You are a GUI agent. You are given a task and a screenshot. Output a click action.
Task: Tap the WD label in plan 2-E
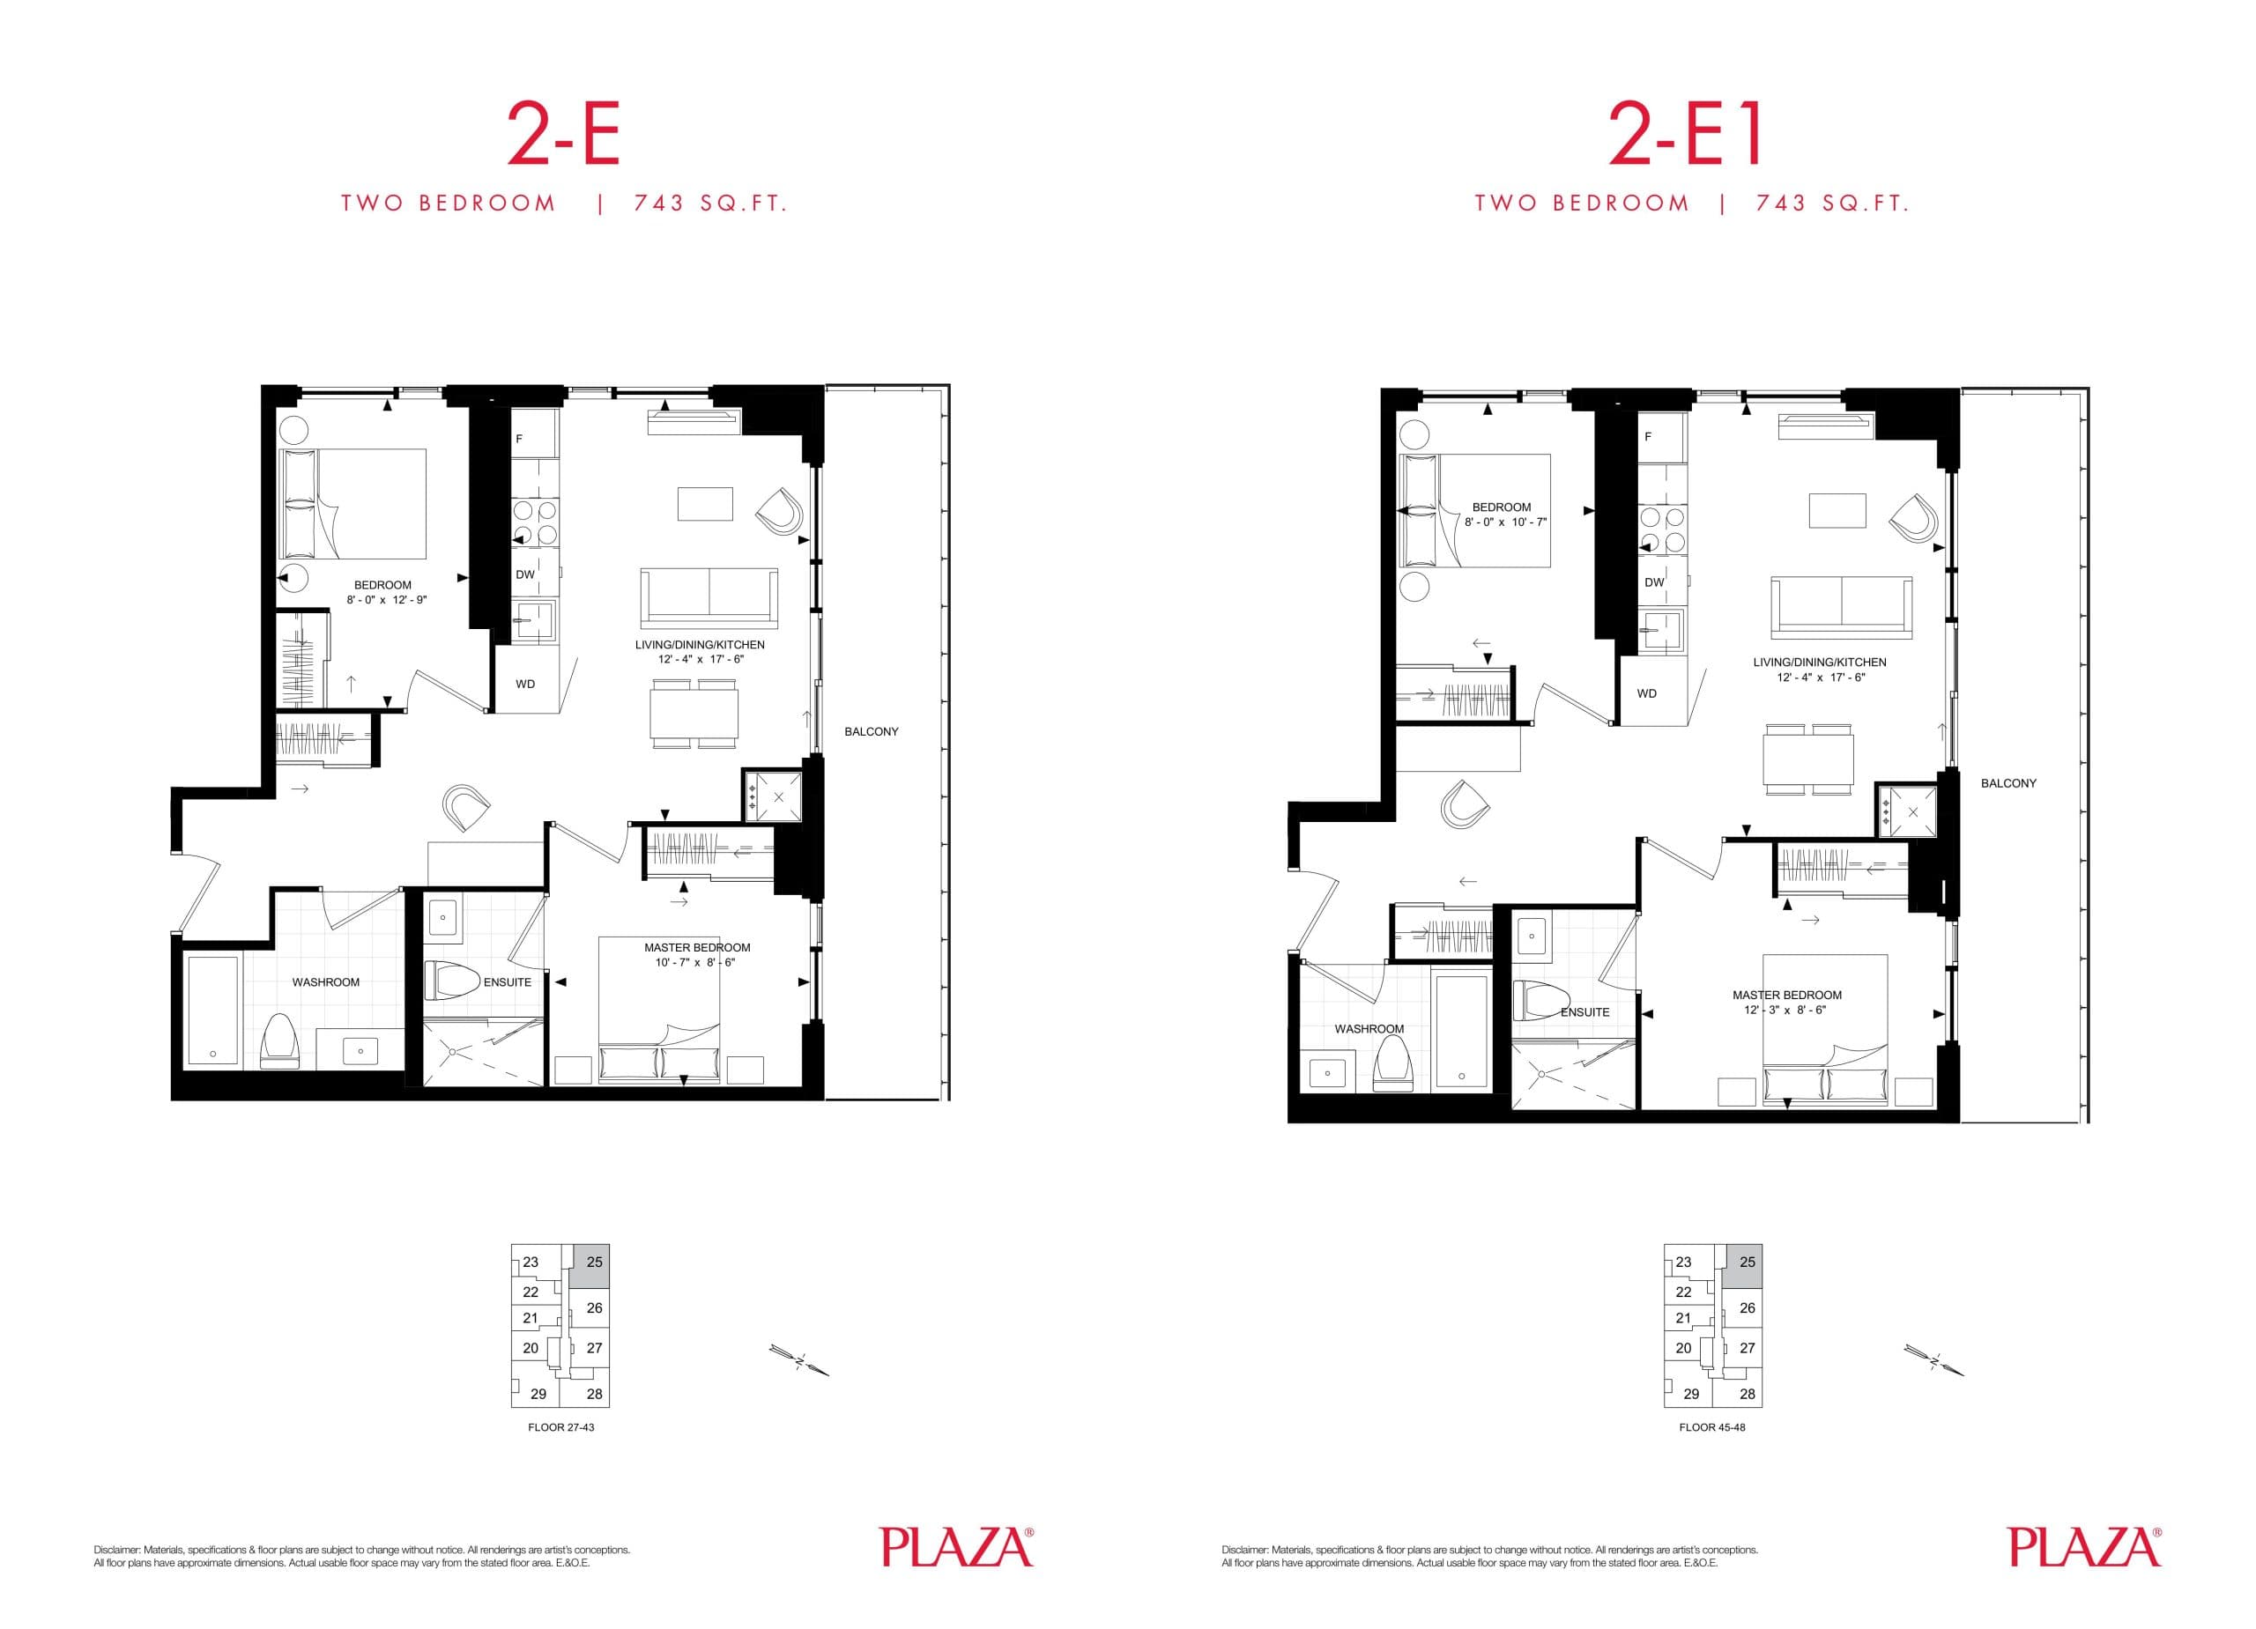pyautogui.click(x=525, y=685)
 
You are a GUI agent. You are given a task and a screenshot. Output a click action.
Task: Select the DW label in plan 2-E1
pyautogui.click(x=1654, y=582)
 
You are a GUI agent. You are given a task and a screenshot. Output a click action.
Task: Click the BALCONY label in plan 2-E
pyautogui.click(x=872, y=732)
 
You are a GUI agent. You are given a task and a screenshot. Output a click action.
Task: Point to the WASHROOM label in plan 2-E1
pyautogui.click(x=1369, y=1029)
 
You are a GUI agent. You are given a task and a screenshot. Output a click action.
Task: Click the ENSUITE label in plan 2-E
pyautogui.click(x=508, y=982)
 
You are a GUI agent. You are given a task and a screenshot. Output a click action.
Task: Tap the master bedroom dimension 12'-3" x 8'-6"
pyautogui.click(x=1786, y=1011)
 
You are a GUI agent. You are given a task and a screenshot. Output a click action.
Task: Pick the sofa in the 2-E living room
pyautogui.click(x=709, y=595)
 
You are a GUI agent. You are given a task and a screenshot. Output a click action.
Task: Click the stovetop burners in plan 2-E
pyautogui.click(x=534, y=523)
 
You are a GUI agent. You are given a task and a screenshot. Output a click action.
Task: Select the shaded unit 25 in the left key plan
pyautogui.click(x=594, y=1263)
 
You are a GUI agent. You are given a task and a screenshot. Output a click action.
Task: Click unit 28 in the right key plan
pyautogui.click(x=1748, y=1395)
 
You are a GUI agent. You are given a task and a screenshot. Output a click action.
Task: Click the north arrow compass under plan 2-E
pyautogui.click(x=798, y=1359)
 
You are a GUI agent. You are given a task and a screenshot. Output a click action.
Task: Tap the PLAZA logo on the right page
pyautogui.click(x=2084, y=1547)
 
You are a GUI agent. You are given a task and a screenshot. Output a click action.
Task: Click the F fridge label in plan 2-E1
pyautogui.click(x=1648, y=437)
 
